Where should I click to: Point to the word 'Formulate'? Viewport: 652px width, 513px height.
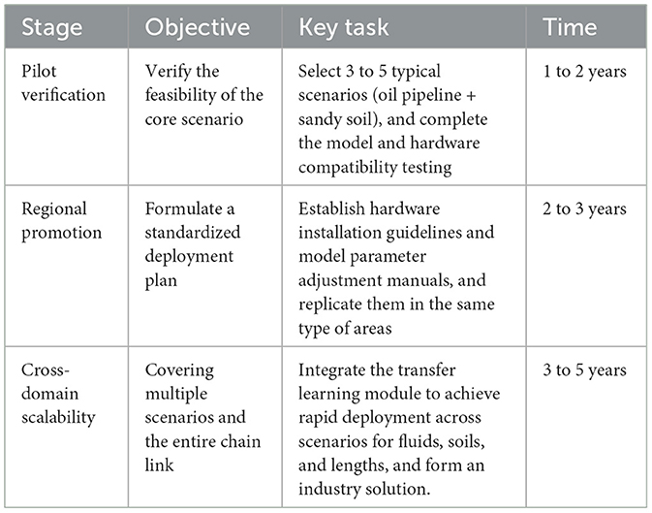click(x=181, y=208)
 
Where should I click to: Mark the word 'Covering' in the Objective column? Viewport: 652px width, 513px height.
click(x=177, y=369)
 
